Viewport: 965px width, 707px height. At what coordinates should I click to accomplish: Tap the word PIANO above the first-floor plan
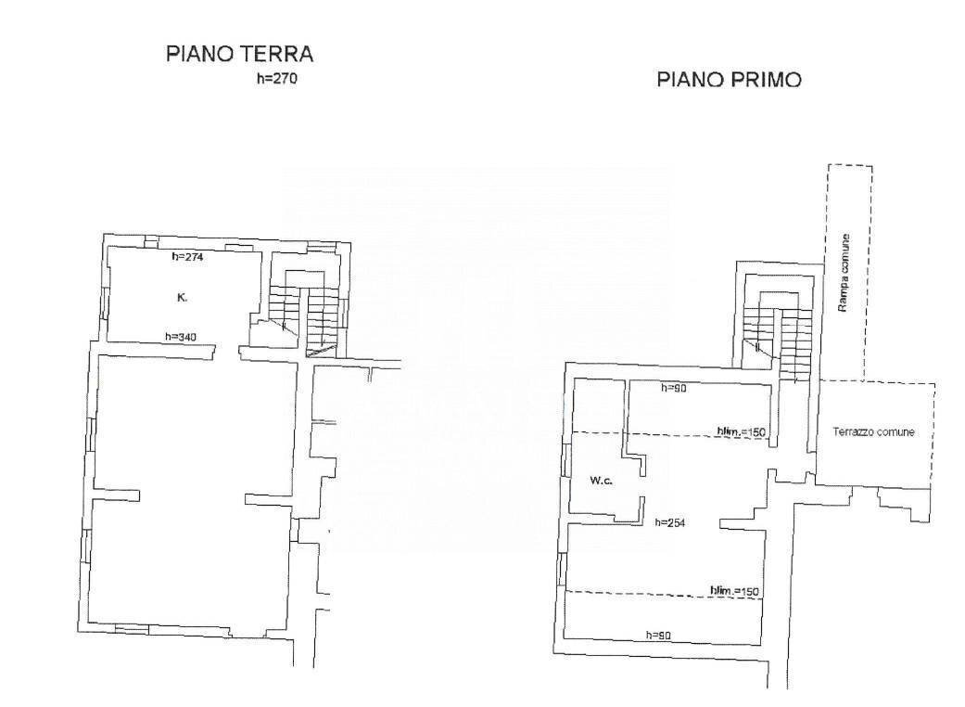[689, 81]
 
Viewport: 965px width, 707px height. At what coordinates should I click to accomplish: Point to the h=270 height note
[276, 79]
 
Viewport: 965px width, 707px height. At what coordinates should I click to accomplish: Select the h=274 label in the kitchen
[187, 257]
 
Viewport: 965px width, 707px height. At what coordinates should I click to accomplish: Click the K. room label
[182, 298]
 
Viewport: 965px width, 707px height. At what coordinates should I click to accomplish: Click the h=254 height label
[669, 522]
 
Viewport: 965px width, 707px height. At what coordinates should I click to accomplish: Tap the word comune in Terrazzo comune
[896, 432]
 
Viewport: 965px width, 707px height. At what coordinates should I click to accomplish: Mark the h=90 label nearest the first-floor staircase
[673, 388]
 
